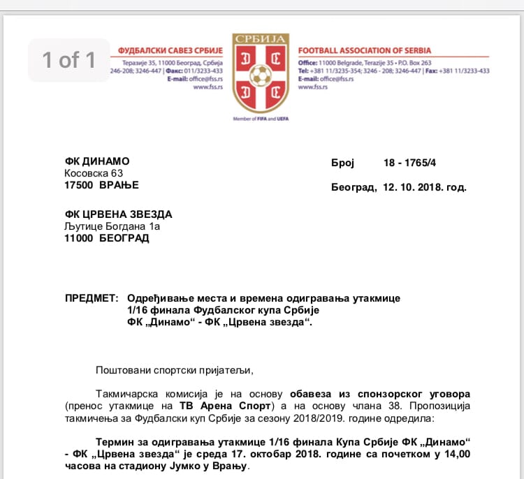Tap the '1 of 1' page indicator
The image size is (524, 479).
(x=68, y=60)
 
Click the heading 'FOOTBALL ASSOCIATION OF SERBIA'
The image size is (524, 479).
(x=365, y=51)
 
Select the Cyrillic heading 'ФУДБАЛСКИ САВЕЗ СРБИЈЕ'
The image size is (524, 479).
(x=170, y=51)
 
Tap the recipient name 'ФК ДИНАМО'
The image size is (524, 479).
(x=97, y=161)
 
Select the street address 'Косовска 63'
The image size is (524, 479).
(x=94, y=173)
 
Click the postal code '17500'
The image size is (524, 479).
(x=78, y=185)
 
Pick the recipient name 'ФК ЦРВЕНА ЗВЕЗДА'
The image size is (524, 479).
(x=118, y=214)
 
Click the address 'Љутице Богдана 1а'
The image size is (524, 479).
(x=112, y=226)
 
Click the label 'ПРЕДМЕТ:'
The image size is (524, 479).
(x=92, y=298)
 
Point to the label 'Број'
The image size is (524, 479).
(x=343, y=163)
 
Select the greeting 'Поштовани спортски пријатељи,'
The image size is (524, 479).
(x=173, y=369)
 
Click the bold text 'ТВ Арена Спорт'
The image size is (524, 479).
(x=197, y=406)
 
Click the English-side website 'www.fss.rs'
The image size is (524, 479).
(x=312, y=87)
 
